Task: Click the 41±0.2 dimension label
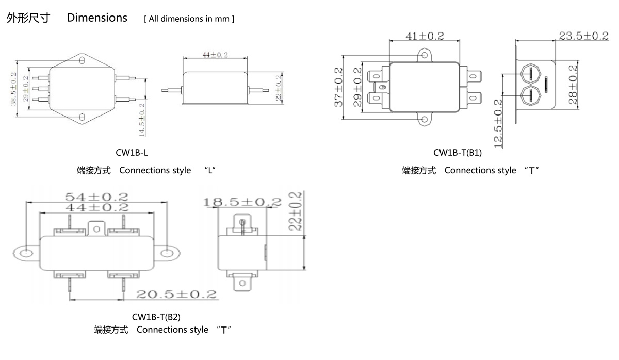(x=424, y=36)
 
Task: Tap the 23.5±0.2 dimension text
(x=583, y=36)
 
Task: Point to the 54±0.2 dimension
(x=96, y=197)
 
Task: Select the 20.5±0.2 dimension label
(x=176, y=294)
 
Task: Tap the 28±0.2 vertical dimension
(x=573, y=84)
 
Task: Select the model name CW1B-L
(x=132, y=153)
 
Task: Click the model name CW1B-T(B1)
(x=457, y=153)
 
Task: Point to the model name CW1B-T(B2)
(x=156, y=317)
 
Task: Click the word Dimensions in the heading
(x=97, y=18)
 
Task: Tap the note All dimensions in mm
(x=189, y=19)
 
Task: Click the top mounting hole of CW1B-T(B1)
(x=425, y=54)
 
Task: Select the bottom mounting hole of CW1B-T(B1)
(x=425, y=120)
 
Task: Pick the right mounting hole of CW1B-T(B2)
(x=167, y=253)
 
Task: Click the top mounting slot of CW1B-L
(x=82, y=61)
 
